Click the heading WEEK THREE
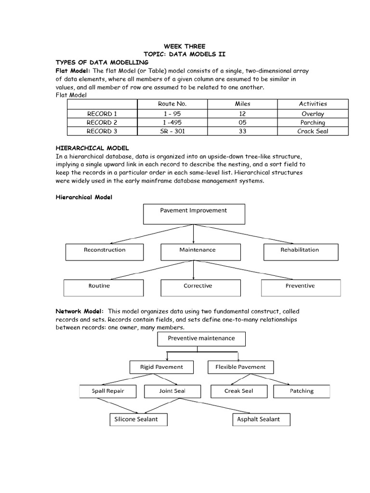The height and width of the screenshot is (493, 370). pos(185,47)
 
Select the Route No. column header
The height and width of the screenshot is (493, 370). pos(172,104)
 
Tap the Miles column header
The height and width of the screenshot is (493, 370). pos(242,104)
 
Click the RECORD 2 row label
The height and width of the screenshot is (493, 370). pos(102,122)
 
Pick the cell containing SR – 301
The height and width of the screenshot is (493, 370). pos(172,131)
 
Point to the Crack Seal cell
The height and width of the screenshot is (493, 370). pos(313,131)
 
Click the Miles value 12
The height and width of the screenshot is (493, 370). pos(242,114)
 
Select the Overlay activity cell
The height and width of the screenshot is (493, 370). pos(313,114)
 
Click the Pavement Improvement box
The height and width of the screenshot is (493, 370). pos(194,214)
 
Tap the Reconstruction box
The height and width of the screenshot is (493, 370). pos(105,252)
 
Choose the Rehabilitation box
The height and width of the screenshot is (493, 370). pos(300,252)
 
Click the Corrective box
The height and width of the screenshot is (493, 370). pos(198,287)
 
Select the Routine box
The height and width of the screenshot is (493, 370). pos(99,287)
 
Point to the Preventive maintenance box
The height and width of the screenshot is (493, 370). pos(201,339)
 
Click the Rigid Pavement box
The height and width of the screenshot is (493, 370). pos(161,367)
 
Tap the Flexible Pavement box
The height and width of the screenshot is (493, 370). pos(240,367)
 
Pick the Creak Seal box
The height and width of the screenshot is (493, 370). pos(239,391)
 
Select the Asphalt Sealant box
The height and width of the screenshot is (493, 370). pos(259,419)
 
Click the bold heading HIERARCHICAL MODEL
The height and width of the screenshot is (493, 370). pos(92,148)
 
